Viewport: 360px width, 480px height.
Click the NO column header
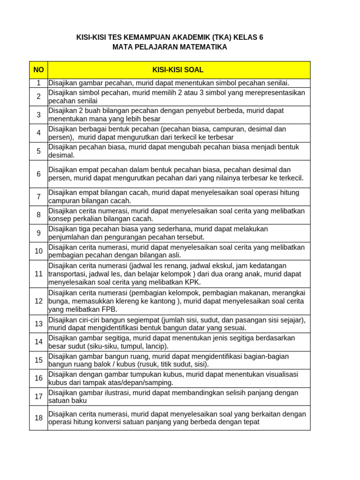point(38,70)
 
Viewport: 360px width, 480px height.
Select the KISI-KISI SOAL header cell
point(178,70)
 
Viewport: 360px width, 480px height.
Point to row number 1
point(38,83)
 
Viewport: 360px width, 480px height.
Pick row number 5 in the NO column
point(38,151)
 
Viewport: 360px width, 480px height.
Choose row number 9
point(38,233)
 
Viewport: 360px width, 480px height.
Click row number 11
point(38,274)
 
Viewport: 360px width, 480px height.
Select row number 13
point(38,324)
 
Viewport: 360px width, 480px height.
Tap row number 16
point(38,378)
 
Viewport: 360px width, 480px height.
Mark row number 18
point(38,418)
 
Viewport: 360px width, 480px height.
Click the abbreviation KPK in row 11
point(193,282)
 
